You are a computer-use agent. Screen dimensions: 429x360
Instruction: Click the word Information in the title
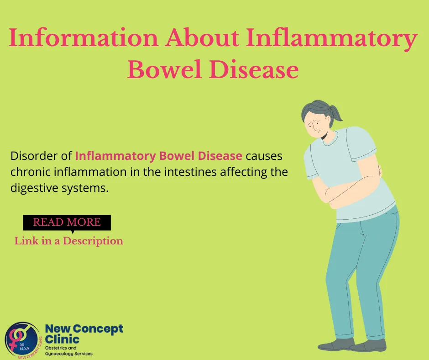(84, 37)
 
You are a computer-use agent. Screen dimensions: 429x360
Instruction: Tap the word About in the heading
(202, 37)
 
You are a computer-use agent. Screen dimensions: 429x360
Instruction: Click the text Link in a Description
(68, 241)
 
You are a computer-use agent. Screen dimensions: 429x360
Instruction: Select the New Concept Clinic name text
(84, 334)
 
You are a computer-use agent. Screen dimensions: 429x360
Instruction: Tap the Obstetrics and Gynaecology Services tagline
(68, 351)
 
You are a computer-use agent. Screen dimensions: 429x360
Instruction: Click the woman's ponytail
(336, 113)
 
